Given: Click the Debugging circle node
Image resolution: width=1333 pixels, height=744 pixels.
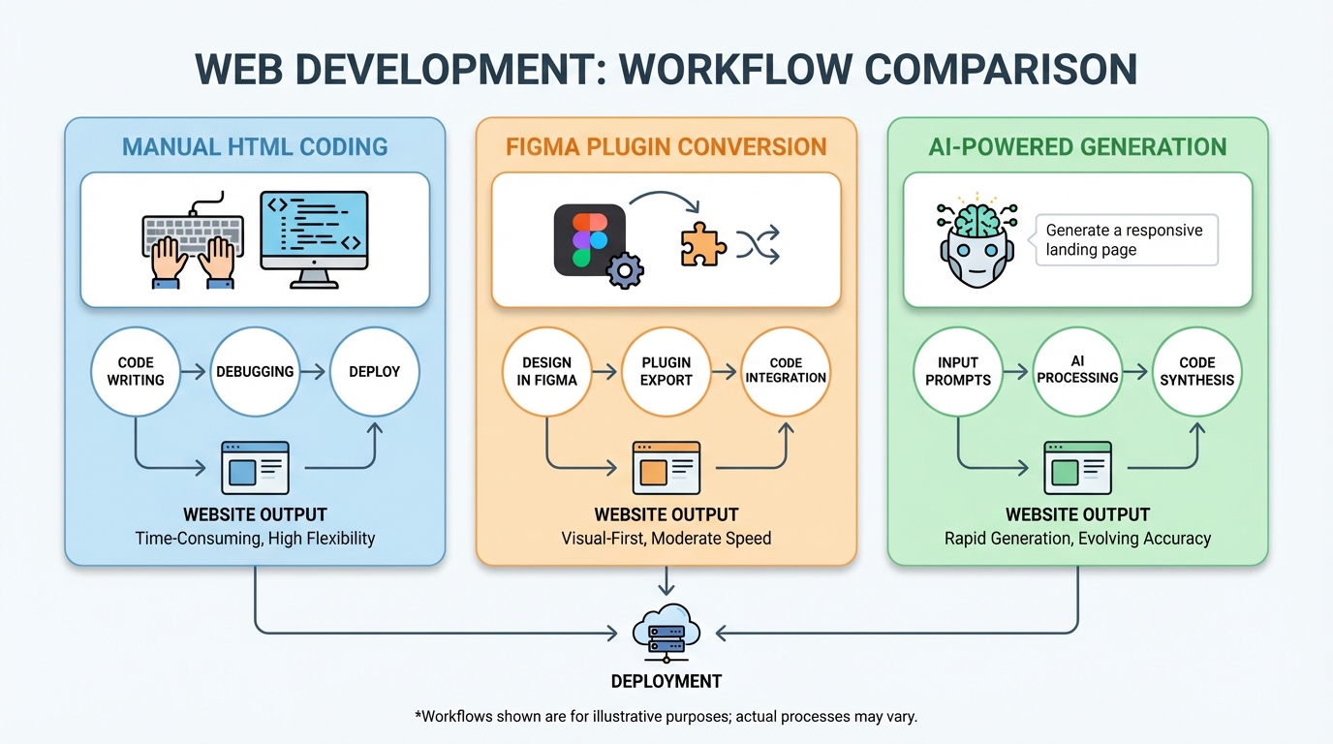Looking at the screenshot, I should pos(255,371).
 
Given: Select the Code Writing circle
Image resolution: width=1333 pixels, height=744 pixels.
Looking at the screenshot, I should pos(136,371).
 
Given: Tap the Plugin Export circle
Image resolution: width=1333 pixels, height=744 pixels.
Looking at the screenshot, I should pos(666,371).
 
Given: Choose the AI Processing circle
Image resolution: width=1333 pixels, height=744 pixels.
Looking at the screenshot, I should pos(1077,371).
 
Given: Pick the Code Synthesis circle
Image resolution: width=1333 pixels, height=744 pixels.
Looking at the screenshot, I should pos(1197,371).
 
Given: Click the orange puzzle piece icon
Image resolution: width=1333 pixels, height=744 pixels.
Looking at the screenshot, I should pos(702,244).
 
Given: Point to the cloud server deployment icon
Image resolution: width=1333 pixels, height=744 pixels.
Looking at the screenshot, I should pos(666,631).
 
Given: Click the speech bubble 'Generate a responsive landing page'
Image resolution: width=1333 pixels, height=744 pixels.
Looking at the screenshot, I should pos(1126,240).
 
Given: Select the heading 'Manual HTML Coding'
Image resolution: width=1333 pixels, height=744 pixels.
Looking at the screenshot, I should pos(255,147).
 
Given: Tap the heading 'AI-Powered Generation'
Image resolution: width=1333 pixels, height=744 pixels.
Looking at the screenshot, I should pos(1077,147).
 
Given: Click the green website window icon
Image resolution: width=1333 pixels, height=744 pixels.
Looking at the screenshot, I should pos(1077,468).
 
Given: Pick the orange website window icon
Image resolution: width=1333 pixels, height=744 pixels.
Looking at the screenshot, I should pos(666,468).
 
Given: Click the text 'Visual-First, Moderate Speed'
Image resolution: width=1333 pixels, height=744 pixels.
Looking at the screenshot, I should pos(666,538).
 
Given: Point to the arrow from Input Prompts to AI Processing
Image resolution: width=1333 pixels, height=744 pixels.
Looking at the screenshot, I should pos(1014,371).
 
